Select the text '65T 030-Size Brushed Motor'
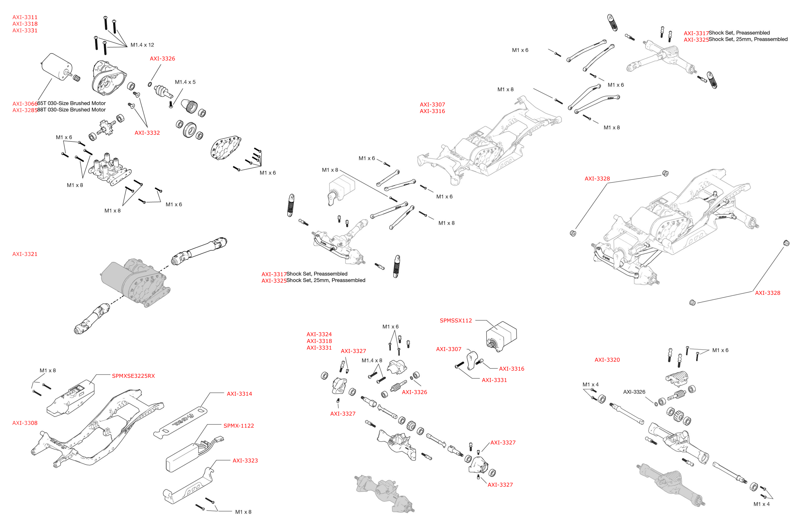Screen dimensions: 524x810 click(x=72, y=103)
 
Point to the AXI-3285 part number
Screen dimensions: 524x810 click(x=25, y=110)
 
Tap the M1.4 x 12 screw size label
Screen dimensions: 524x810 click(x=142, y=45)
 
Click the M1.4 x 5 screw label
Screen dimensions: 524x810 click(x=185, y=82)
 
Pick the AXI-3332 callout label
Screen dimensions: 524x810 click(x=147, y=133)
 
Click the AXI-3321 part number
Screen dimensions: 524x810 click(x=25, y=254)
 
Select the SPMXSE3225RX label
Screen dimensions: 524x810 click(x=133, y=376)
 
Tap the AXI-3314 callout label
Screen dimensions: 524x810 click(x=239, y=394)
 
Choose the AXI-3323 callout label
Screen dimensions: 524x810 click(x=245, y=461)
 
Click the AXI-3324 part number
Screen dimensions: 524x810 click(x=319, y=334)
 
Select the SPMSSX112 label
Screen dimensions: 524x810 click(x=456, y=320)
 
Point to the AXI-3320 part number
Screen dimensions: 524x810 click(x=607, y=360)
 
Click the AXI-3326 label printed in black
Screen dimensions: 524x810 click(x=634, y=392)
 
